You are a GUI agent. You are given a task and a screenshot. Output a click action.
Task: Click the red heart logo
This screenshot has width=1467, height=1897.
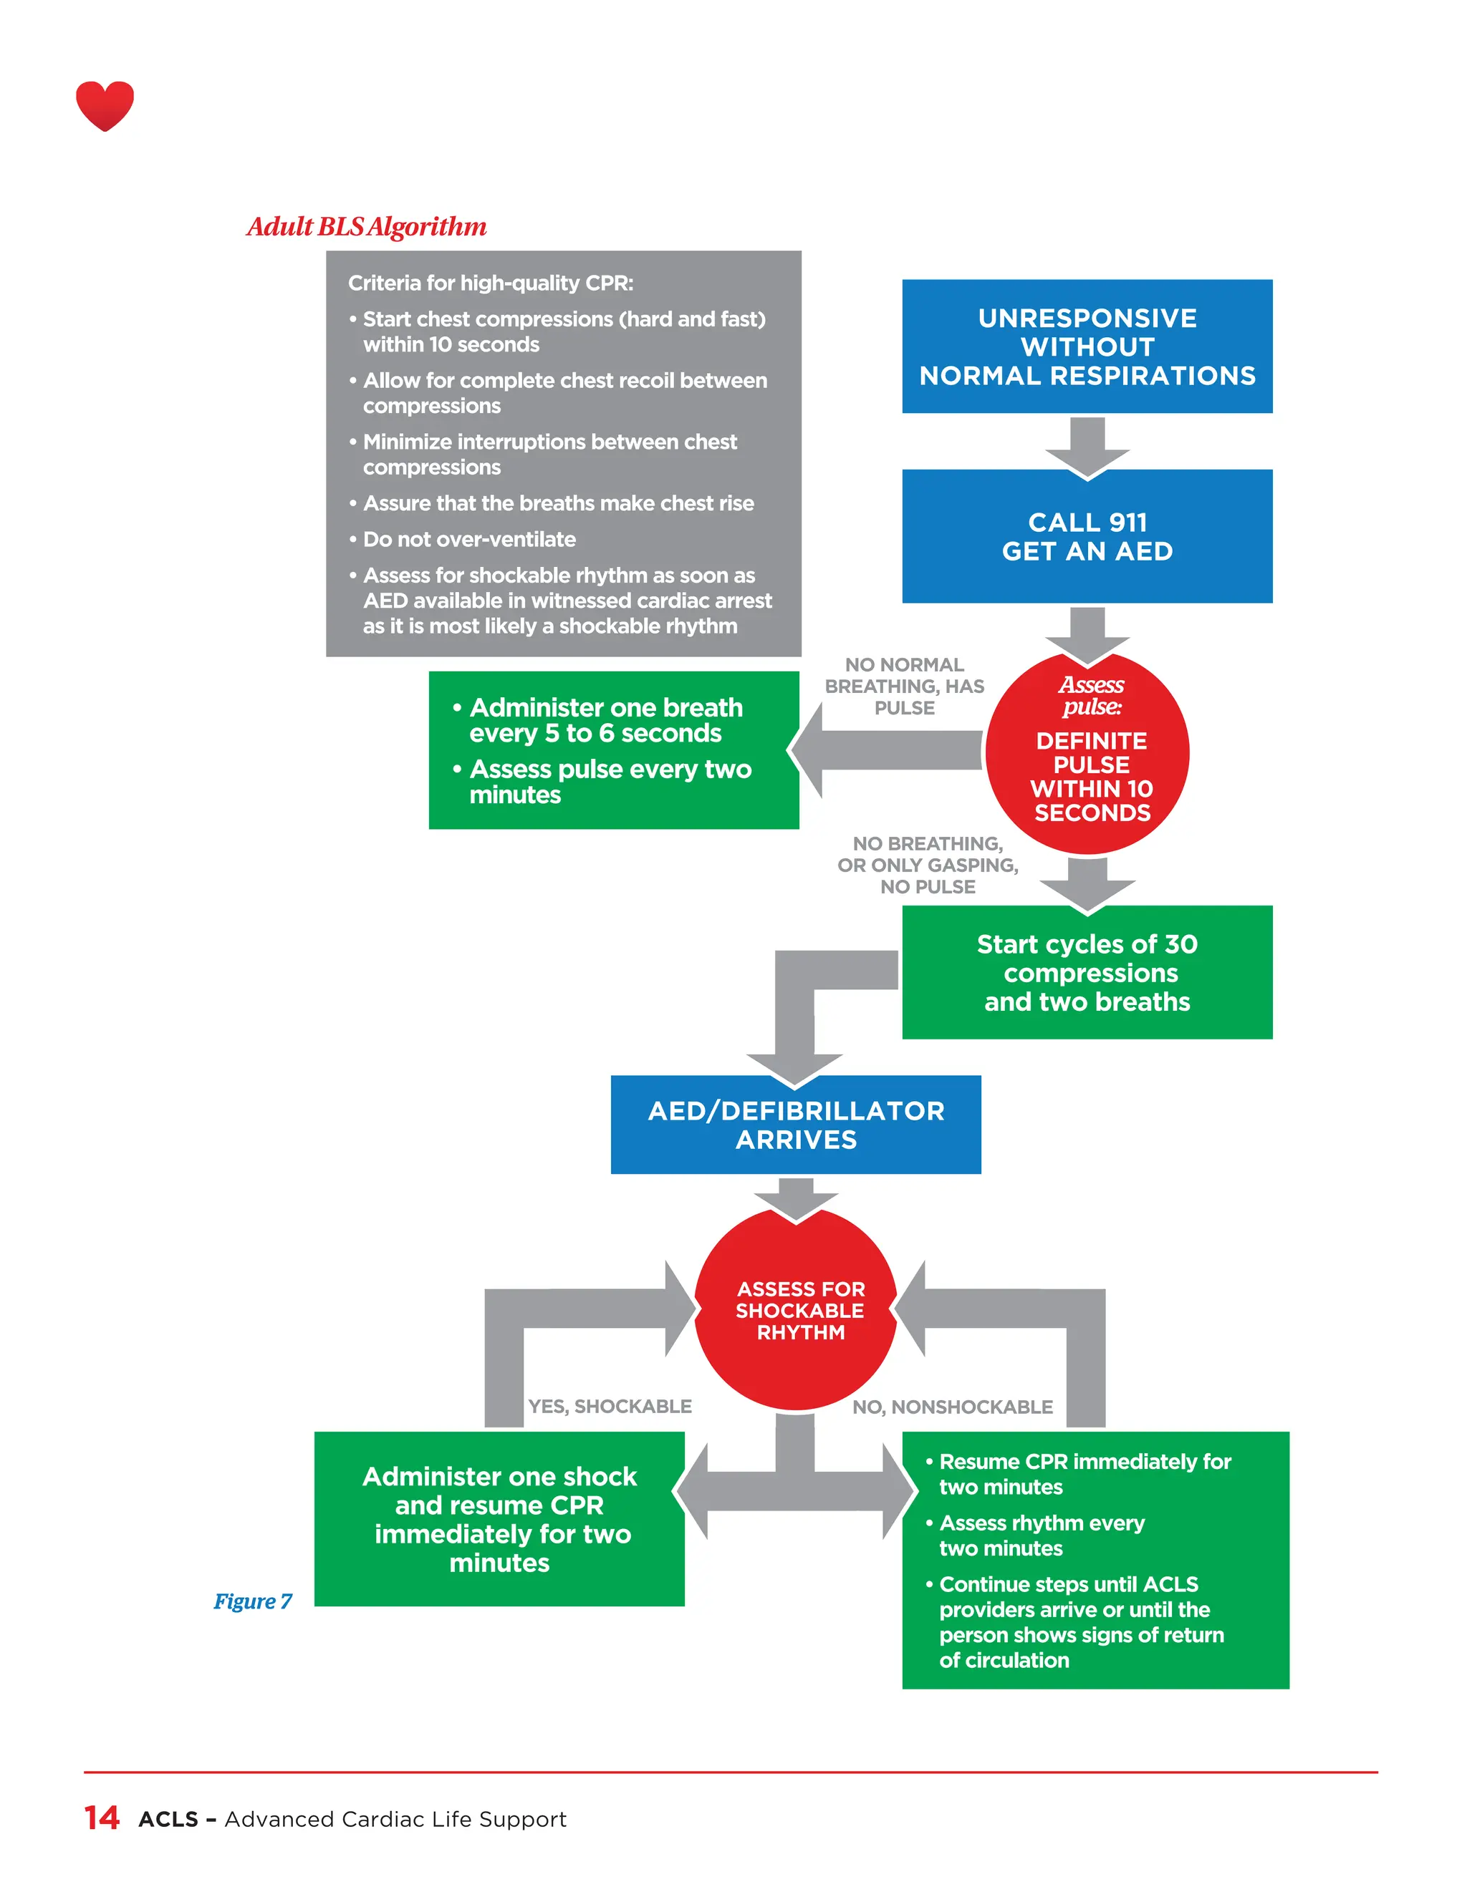105,105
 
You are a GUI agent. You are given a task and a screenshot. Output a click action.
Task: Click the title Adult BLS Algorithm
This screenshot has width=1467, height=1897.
366,227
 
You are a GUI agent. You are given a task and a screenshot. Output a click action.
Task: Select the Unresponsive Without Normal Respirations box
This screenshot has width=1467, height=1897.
1087,346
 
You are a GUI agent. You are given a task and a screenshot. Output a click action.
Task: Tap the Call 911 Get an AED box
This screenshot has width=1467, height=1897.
1087,536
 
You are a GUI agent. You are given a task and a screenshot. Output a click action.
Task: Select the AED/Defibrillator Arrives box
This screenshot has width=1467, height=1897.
795,1125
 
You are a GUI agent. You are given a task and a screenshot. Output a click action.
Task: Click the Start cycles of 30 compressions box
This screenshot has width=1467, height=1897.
1087,972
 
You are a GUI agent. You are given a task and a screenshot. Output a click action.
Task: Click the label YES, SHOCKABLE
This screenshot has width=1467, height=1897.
610,1406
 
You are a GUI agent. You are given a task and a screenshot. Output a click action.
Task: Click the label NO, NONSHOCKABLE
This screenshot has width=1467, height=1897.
952,1407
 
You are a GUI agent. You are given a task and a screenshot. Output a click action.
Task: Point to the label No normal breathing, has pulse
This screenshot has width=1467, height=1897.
904,686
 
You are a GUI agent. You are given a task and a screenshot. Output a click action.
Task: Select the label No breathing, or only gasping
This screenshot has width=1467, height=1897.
928,865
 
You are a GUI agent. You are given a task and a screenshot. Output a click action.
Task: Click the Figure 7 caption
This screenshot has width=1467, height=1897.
253,1601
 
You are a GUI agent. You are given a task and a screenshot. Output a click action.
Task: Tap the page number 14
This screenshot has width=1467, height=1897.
102,1818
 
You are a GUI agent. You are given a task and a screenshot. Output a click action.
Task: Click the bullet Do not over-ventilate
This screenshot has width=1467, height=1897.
468,540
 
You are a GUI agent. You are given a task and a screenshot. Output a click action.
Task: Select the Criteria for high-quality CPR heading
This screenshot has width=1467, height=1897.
490,283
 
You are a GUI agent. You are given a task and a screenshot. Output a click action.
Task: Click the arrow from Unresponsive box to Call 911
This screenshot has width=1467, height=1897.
1087,445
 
